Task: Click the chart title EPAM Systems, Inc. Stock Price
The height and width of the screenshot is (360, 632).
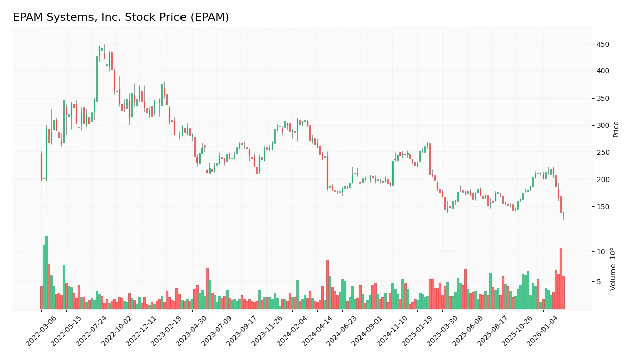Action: [121, 17]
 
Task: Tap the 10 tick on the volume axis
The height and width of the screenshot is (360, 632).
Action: [600, 251]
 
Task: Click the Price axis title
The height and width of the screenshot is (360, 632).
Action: [616, 129]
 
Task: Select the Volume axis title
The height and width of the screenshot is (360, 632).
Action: [613, 269]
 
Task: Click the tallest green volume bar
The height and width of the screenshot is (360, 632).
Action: [46, 273]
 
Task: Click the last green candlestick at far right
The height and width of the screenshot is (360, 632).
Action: [563, 213]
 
